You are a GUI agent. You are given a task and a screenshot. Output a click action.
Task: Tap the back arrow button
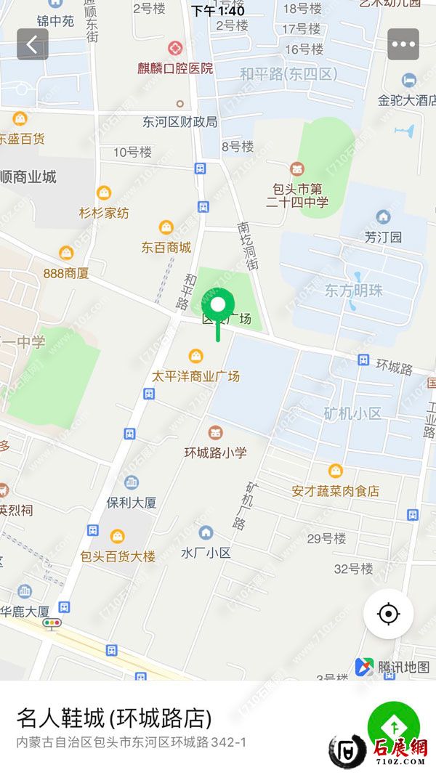pos(33,44)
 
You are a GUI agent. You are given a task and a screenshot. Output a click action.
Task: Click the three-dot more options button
pos(403,44)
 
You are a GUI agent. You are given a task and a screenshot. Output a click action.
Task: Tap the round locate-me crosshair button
pos(389,614)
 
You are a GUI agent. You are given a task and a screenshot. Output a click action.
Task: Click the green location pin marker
pos(217,304)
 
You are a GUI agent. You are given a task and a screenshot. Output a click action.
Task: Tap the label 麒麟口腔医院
pos(175,68)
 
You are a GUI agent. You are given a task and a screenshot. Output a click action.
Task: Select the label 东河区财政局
pos(179,122)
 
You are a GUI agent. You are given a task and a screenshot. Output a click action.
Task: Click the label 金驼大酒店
pos(407,100)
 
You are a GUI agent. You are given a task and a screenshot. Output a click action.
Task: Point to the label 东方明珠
pos(353,291)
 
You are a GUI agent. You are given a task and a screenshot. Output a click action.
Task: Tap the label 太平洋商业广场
pos(195,376)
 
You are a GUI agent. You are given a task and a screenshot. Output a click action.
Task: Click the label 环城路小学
pos(215,452)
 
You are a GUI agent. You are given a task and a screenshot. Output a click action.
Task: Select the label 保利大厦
pos(132,502)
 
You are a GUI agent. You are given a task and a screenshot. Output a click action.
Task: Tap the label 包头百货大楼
pos(118,556)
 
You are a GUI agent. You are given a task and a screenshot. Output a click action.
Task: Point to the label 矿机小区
pos(352,413)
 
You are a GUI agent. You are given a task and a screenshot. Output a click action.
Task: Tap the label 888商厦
pos(66,273)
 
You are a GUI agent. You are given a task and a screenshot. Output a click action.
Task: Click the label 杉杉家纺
pos(104,213)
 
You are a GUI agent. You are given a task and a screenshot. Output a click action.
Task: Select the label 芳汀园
pos(383,237)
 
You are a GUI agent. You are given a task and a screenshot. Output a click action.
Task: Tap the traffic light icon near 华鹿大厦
pos(52,623)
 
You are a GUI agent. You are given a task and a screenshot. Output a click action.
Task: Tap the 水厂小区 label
pos(206,552)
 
